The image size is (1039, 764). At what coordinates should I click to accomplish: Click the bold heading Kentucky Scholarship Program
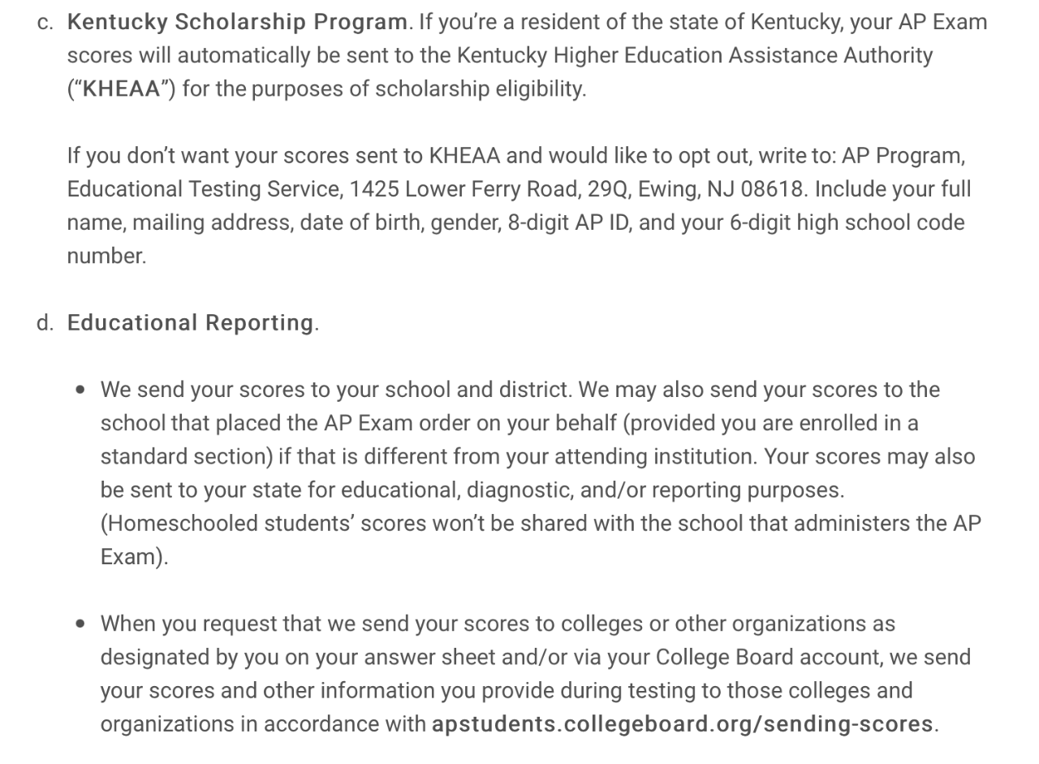coord(237,22)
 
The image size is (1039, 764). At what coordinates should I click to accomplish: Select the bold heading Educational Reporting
coord(190,323)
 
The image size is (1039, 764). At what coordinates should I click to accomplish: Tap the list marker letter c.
coord(45,23)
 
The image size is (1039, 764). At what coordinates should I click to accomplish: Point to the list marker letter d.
coord(45,323)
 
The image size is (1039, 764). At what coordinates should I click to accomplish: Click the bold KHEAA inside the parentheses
coord(122,89)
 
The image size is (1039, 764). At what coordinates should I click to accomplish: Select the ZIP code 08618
coord(773,189)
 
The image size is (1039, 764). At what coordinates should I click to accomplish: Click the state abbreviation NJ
coord(720,189)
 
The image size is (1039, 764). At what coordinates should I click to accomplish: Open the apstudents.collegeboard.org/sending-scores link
coord(682,724)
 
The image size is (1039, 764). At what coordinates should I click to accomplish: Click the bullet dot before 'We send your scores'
coord(80,391)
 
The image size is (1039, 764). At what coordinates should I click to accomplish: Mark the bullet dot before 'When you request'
coord(80,624)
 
